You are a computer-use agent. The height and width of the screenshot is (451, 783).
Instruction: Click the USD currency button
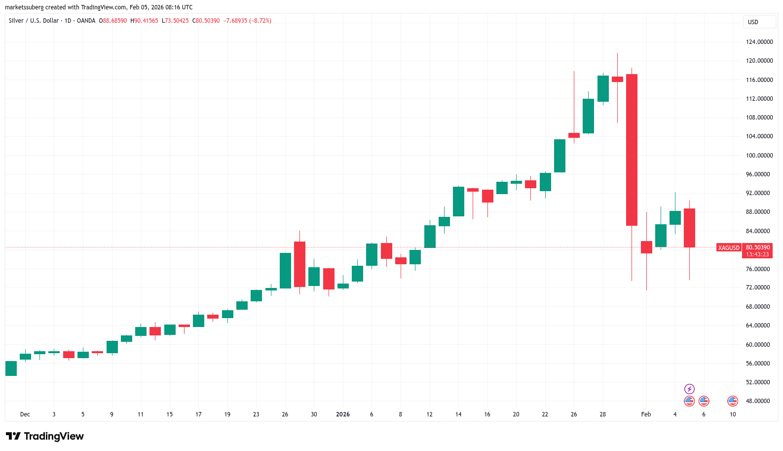[x=753, y=22]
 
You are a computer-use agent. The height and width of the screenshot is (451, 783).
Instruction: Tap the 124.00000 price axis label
[x=759, y=42]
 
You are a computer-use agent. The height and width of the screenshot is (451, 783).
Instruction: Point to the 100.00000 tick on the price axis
[x=759, y=156]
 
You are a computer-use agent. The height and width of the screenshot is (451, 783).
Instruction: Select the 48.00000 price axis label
[x=759, y=401]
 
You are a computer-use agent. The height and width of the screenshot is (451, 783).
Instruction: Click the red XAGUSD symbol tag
[x=729, y=248]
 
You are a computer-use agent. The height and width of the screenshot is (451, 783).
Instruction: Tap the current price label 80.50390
[x=758, y=247]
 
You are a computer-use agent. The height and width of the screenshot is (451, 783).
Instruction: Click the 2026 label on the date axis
[x=342, y=414]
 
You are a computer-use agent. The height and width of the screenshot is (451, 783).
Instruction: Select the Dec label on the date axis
[x=25, y=414]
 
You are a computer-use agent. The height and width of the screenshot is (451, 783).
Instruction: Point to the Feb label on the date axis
[x=646, y=414]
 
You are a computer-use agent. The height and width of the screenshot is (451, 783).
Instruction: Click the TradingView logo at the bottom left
[x=45, y=436]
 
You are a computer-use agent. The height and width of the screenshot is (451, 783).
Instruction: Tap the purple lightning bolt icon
[x=689, y=389]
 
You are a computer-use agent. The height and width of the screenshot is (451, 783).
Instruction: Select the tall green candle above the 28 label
[x=603, y=89]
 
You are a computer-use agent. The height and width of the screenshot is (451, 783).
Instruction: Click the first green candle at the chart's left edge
[x=11, y=369]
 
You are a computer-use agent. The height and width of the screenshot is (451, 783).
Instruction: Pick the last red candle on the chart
[x=689, y=228]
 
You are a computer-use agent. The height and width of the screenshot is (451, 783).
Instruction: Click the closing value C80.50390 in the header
[x=206, y=21]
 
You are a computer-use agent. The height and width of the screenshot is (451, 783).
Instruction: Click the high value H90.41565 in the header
[x=145, y=21]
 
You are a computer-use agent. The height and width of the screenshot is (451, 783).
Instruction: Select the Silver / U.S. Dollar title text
[x=34, y=21]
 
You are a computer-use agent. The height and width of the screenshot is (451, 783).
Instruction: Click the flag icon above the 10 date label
[x=733, y=401]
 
